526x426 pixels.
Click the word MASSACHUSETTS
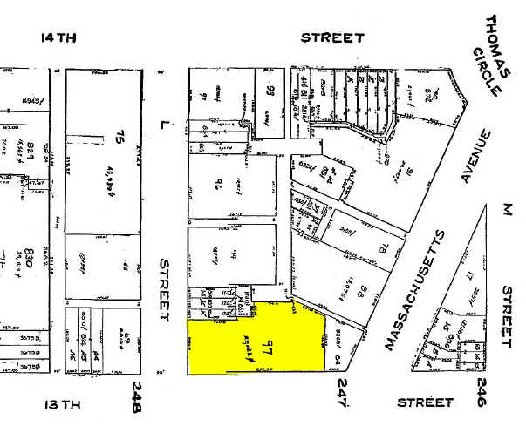pos(415,290)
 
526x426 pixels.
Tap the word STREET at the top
pos(332,38)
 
